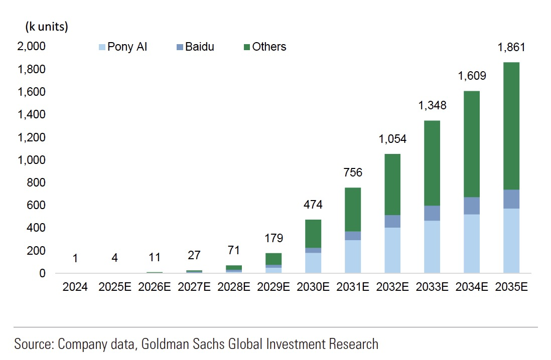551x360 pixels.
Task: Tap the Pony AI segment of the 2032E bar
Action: tap(392, 250)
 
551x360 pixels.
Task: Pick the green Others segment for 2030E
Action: tap(313, 234)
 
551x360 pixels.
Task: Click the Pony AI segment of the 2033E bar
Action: tap(432, 247)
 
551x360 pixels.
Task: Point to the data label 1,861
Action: tap(511, 48)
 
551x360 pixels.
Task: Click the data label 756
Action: tap(353, 173)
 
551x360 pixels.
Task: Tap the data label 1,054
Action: tap(392, 139)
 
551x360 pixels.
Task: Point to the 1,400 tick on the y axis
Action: tap(32, 115)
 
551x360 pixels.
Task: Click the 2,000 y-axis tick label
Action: tap(32, 47)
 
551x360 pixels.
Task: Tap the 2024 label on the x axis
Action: tap(75, 287)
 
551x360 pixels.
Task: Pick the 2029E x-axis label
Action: tap(273, 287)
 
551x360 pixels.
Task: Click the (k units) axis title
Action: tap(47, 27)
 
